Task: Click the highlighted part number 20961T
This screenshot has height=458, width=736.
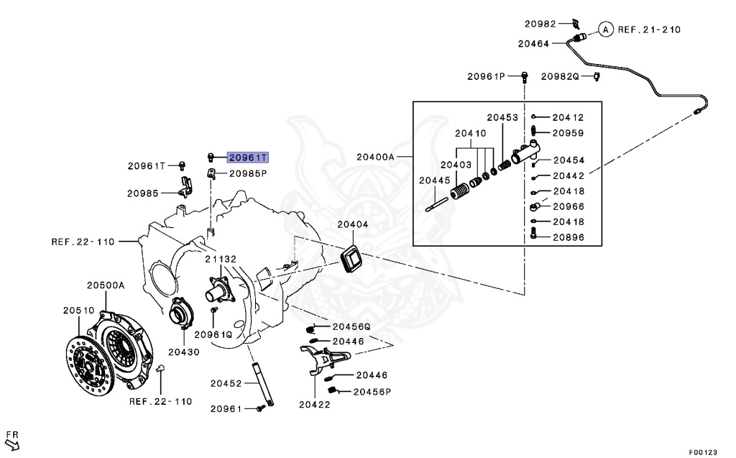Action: tap(248, 157)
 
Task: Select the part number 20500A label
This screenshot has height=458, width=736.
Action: tap(106, 285)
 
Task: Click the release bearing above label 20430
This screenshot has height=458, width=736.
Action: tap(179, 313)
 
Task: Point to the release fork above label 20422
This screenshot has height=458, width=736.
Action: tap(324, 359)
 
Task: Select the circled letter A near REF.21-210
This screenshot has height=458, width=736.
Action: tap(606, 29)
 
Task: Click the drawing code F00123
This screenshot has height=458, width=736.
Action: tap(703, 452)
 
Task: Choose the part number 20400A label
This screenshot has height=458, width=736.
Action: tap(375, 157)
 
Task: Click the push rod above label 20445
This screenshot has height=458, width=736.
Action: tap(436, 206)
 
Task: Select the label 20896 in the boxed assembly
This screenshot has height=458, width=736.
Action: tap(569, 237)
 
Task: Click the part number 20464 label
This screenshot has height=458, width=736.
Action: tap(534, 44)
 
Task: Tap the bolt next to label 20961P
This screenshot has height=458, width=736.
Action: tap(524, 76)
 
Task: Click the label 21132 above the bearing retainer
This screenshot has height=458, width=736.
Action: tap(221, 259)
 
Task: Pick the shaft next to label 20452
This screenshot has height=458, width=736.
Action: tap(263, 384)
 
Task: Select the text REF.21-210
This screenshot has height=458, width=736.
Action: tap(649, 29)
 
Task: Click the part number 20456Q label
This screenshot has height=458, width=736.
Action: tap(351, 326)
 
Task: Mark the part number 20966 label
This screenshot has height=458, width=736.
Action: tap(569, 206)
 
